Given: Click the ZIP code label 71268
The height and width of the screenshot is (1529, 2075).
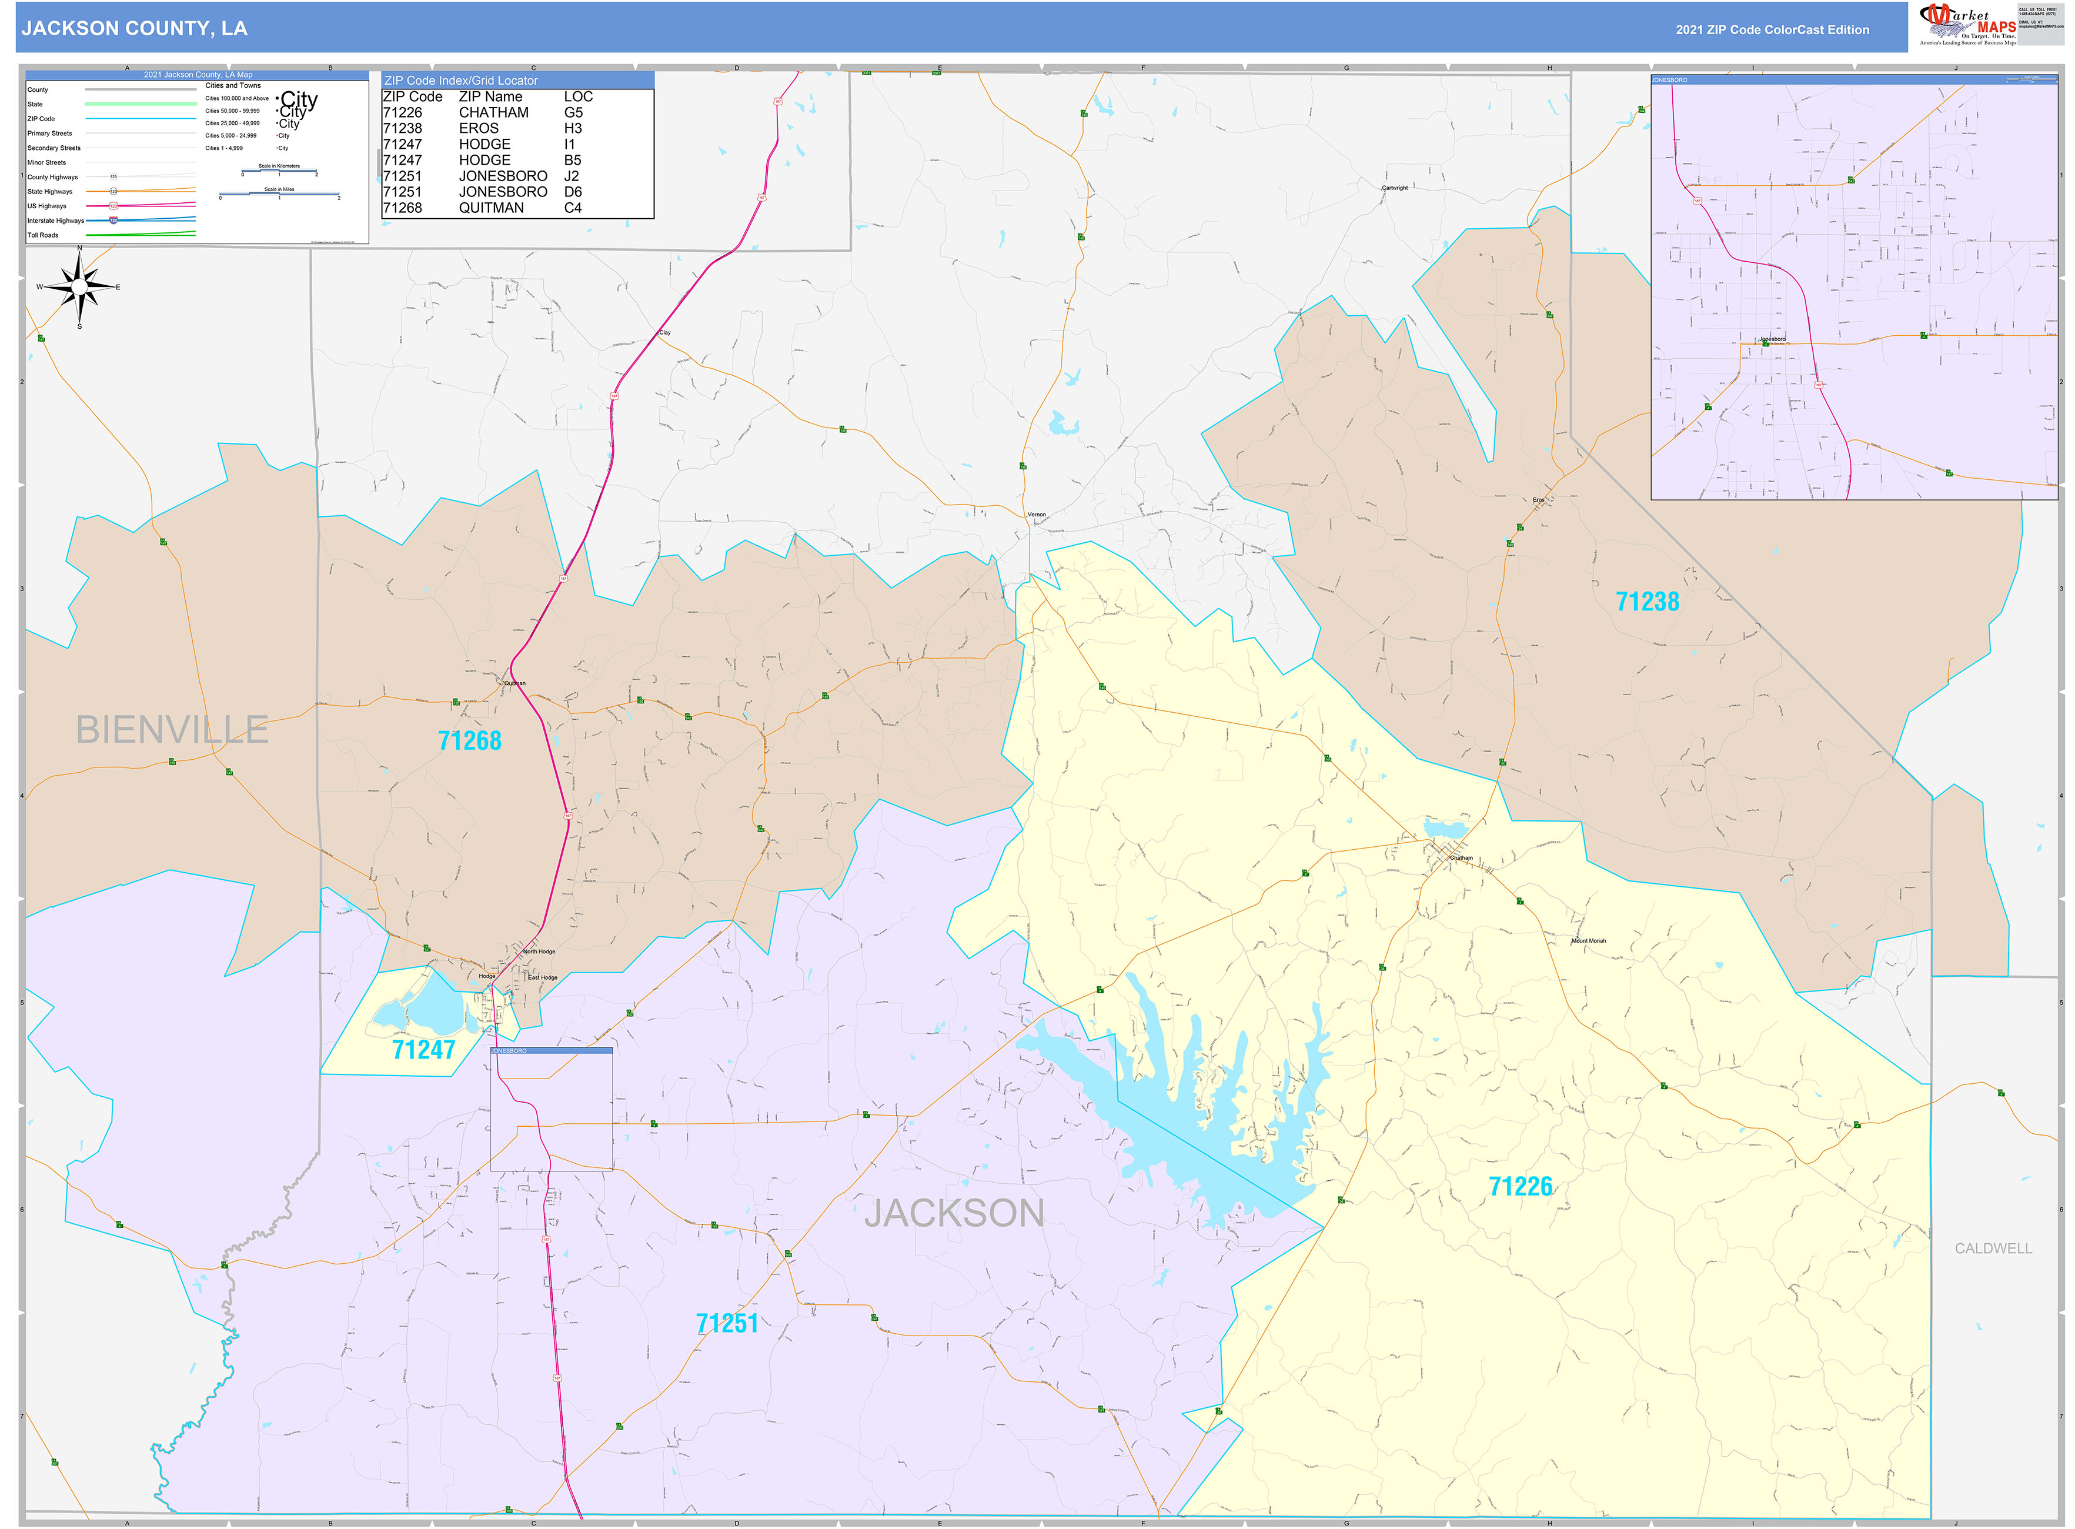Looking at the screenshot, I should click(x=469, y=740).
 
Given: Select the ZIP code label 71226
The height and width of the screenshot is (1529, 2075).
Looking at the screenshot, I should click(x=1520, y=1187).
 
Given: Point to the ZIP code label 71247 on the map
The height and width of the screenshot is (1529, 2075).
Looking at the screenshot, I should click(x=423, y=1050).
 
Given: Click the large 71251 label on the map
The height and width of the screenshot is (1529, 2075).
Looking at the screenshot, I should click(x=727, y=1324).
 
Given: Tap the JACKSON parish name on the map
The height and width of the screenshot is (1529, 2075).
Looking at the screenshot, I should click(x=954, y=1213).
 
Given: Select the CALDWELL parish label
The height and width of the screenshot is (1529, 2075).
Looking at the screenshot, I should click(x=1993, y=1248).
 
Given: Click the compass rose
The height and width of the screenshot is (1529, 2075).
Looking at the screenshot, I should click(x=79, y=287).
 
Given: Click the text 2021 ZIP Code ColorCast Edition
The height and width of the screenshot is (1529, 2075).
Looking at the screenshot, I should click(x=1772, y=29).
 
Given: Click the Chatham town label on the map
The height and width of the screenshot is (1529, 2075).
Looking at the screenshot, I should click(x=1461, y=858).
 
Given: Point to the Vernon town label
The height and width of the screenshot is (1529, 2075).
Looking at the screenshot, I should click(x=1037, y=515).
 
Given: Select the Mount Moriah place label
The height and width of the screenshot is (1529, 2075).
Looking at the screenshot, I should click(x=1588, y=940).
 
